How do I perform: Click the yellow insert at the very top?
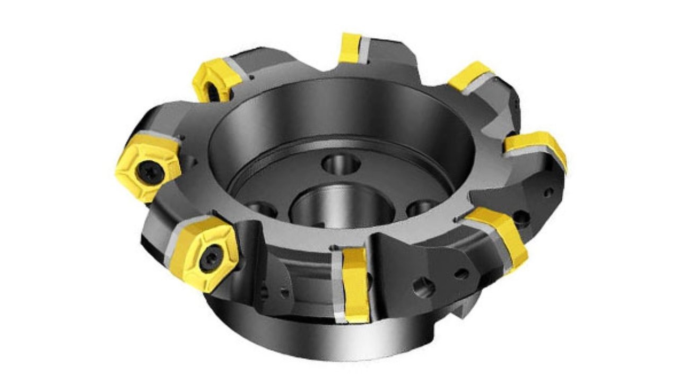(351, 48)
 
